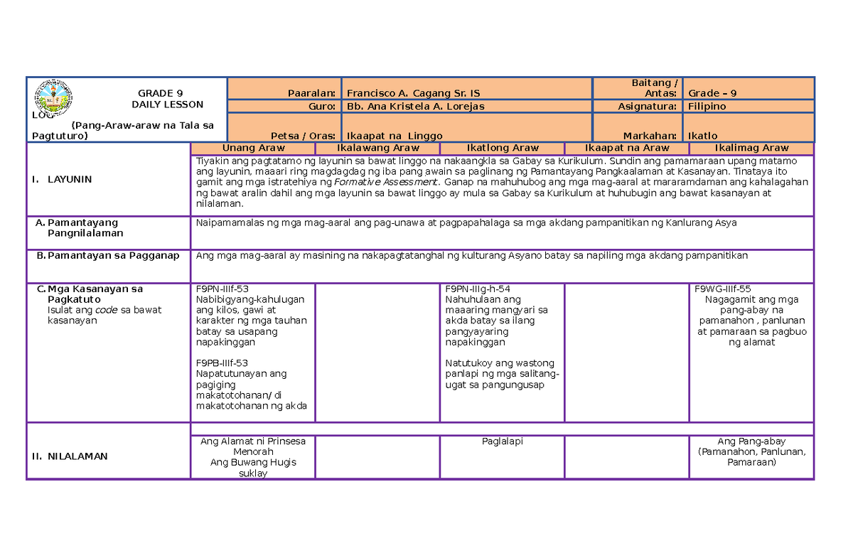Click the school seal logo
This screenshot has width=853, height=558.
[x=53, y=97]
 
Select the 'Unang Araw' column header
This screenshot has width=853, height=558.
[x=253, y=148]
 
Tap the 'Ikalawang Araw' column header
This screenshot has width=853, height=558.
[x=377, y=148]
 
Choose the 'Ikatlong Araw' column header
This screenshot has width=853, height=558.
[x=502, y=148]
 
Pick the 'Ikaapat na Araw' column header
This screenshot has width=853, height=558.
[x=626, y=148]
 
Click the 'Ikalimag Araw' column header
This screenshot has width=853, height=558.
[x=751, y=148]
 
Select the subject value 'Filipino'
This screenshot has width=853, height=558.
[x=707, y=106]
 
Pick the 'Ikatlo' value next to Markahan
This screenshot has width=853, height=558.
[x=702, y=136]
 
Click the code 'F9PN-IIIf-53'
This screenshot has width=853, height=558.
[x=222, y=289]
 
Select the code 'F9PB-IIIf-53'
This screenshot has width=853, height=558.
[x=222, y=363]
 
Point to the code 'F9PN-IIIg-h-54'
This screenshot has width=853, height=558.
[x=478, y=289]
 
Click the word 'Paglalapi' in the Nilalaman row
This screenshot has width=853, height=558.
[x=502, y=441]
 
